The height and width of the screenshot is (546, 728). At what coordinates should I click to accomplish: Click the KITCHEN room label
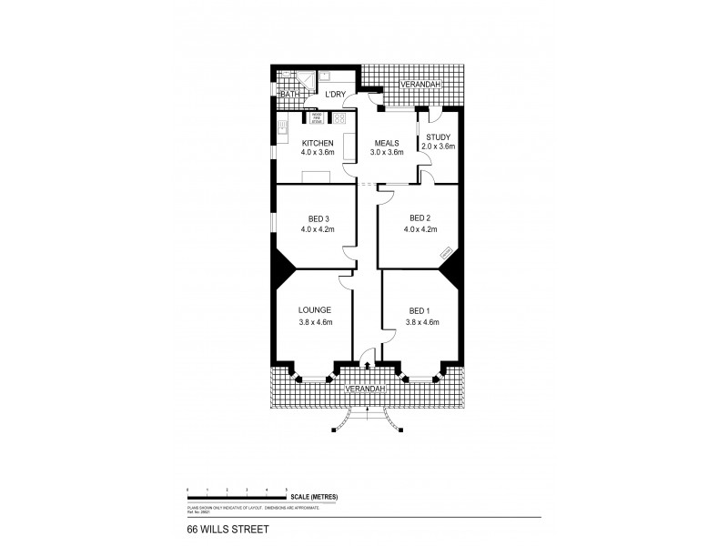tap(318, 144)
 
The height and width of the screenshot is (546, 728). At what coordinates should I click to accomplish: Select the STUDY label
tap(437, 137)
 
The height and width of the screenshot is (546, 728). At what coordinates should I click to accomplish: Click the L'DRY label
tap(337, 94)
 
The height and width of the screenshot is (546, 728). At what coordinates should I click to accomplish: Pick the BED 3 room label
tap(318, 218)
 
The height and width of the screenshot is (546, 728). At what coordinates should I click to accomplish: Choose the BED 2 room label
tap(419, 218)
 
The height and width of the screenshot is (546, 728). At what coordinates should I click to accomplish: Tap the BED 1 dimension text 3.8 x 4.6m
tap(421, 322)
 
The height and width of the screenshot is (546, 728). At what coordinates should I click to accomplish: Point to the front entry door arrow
tap(367, 366)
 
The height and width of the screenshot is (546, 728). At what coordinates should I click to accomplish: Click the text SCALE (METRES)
tap(316, 496)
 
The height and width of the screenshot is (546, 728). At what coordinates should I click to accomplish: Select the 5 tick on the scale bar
tap(287, 490)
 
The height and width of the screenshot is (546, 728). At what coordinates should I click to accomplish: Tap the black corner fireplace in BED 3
tap(283, 263)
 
